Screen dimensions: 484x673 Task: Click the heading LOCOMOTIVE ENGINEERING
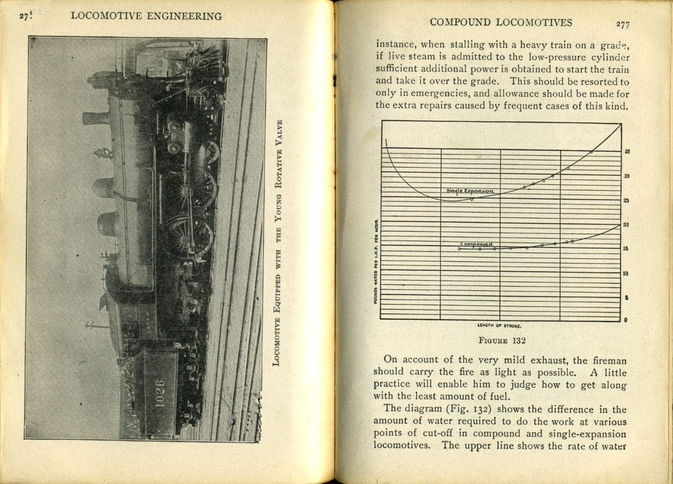coord(146,16)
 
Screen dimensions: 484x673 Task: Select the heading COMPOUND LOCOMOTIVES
coord(501,22)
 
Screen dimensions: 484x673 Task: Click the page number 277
coord(623,24)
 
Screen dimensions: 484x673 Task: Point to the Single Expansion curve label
coord(470,191)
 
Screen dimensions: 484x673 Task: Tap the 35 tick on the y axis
coord(627,152)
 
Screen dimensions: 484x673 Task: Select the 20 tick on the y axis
coord(626,225)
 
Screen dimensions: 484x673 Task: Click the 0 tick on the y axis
coord(626,320)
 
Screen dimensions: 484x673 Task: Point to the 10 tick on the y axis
coord(626,273)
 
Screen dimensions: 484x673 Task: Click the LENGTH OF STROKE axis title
coord(499,326)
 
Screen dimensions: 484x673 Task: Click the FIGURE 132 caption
coord(502,340)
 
